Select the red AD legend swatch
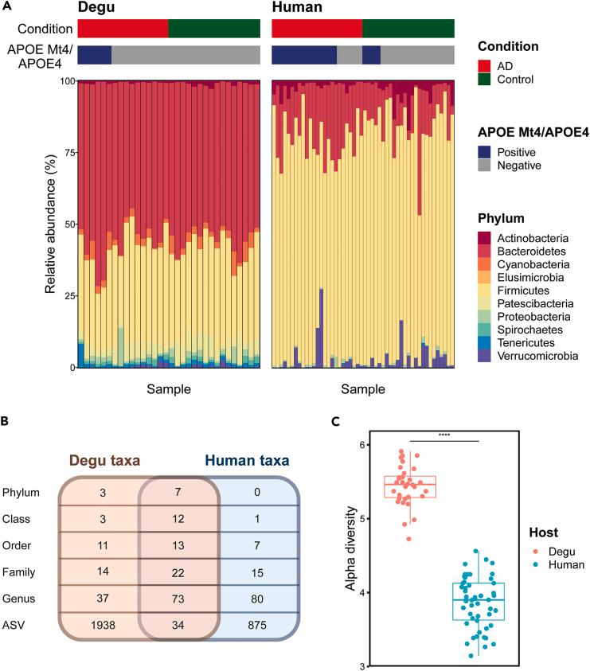coord(483,64)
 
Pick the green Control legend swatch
coord(483,80)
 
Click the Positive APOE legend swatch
coord(483,151)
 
